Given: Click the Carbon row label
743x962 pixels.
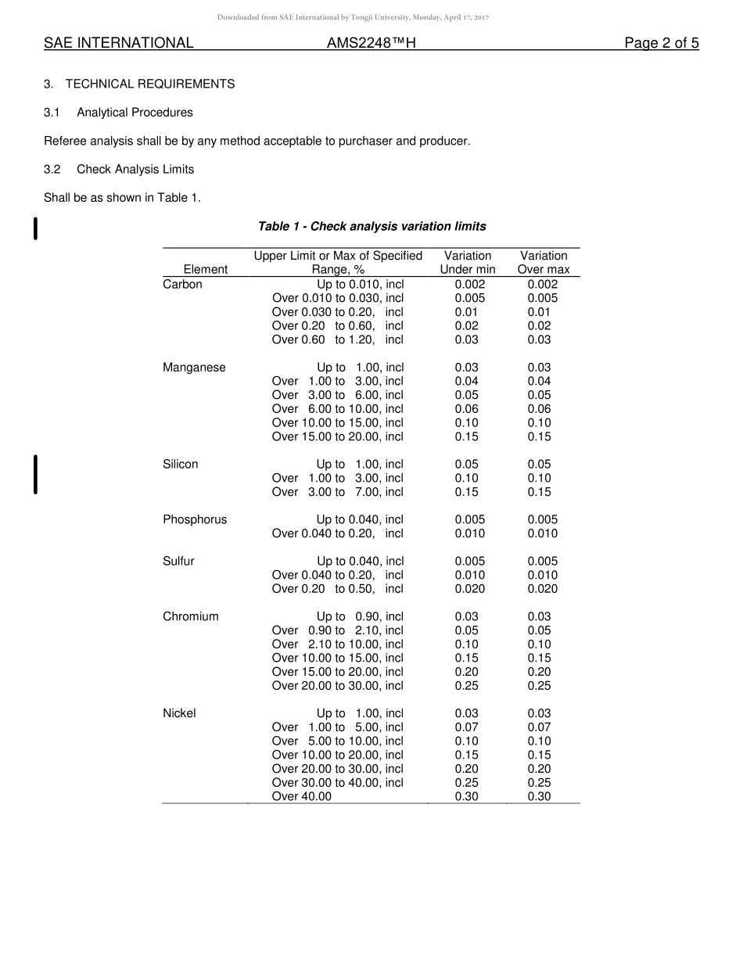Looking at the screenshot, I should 182,285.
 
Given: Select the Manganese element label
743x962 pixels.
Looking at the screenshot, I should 194,368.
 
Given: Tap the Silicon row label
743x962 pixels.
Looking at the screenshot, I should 180,465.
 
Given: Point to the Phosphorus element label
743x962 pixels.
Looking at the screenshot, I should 195,520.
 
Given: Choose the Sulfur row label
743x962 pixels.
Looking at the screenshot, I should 178,562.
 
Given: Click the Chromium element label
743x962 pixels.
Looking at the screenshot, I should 191,617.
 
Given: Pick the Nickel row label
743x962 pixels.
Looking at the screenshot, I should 179,713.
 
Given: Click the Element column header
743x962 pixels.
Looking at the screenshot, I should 205,270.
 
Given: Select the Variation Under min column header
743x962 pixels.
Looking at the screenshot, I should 468,263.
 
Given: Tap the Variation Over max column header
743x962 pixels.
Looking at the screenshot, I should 544,263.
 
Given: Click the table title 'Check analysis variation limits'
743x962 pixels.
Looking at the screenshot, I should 371,227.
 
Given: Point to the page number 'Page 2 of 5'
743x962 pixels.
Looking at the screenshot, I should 661,44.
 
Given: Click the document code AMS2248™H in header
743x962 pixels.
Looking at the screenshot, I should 371,44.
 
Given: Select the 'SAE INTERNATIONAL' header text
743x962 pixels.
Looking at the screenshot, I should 118,44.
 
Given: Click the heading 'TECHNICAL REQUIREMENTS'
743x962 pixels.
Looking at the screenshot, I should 150,84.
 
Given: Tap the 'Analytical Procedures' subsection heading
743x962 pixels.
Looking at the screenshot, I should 135,113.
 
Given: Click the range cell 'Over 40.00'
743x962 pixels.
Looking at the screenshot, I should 302,797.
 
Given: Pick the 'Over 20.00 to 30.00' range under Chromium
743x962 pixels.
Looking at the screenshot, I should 337,686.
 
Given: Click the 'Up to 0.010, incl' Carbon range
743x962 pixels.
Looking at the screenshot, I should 360,285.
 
